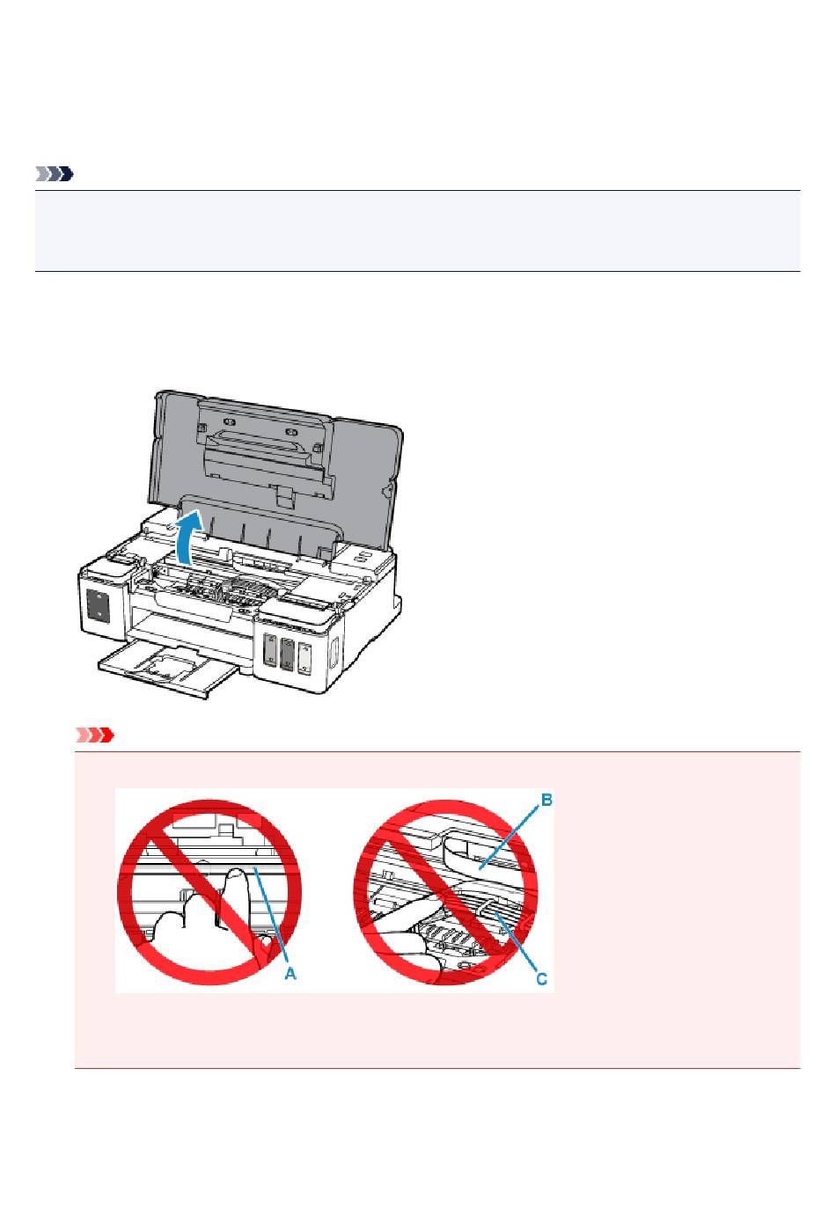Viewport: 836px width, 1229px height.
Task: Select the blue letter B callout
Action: point(546,801)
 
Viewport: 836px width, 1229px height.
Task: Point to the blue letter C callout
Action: point(542,977)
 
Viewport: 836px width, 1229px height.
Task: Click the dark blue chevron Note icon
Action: point(54,175)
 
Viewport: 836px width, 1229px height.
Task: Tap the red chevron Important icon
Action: point(95,735)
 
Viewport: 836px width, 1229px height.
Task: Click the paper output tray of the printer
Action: point(167,667)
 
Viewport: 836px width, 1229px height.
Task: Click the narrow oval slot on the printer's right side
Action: point(335,654)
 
